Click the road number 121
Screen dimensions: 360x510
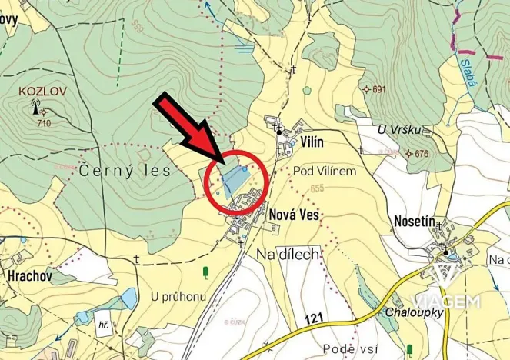tap(313, 318)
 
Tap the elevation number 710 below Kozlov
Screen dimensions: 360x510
tap(43, 123)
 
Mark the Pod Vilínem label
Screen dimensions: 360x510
tap(325, 171)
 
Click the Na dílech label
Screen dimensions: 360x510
tap(287, 253)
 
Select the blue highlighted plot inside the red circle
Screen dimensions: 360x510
tap(233, 178)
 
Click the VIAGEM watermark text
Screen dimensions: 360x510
tap(447, 301)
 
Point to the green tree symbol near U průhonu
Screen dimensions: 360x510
tap(205, 271)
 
